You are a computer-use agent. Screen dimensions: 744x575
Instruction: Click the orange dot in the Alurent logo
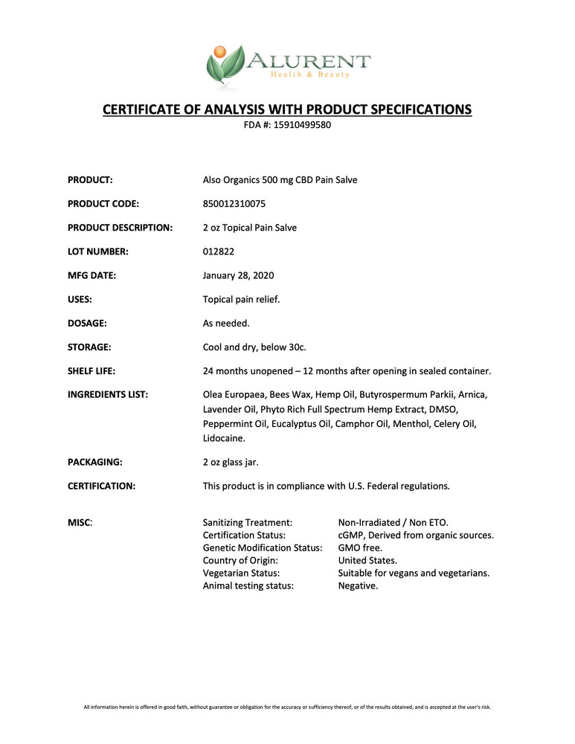coord(219,51)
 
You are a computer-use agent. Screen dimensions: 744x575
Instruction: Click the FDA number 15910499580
coord(303,125)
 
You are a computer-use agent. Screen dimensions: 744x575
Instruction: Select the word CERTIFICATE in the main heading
coord(141,109)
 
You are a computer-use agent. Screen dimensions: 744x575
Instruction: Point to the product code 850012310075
coord(234,203)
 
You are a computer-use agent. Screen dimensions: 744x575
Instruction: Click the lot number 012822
coord(219,251)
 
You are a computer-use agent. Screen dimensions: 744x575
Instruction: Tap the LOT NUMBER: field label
coord(98,251)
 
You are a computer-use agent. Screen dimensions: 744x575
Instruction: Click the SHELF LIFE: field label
coord(91,371)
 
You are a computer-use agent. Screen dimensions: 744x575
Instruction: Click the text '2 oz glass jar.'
coord(235,461)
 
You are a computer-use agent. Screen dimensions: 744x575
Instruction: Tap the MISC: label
coord(80,523)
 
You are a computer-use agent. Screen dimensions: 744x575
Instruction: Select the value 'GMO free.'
coord(360,548)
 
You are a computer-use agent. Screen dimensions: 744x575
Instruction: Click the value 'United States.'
coord(367,560)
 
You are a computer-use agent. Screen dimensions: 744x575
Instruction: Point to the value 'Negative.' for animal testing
coord(358,586)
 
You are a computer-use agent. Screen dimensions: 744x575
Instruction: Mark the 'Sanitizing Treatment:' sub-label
coord(248,523)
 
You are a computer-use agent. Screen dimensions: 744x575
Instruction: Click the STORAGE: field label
coord(89,347)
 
